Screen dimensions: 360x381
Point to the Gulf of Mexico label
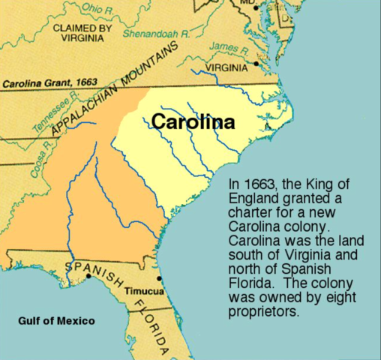tap(56, 322)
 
